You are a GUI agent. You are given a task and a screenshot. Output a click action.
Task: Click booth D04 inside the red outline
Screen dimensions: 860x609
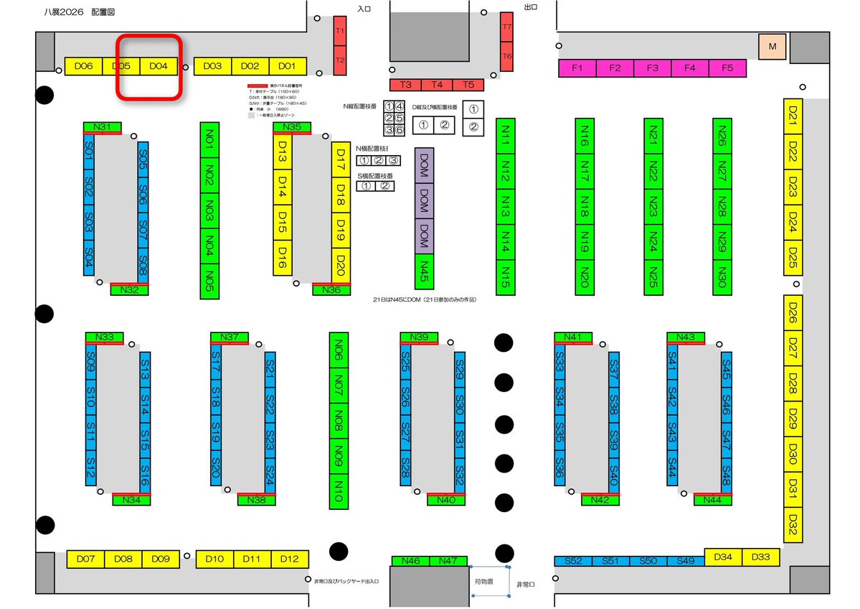click(x=159, y=66)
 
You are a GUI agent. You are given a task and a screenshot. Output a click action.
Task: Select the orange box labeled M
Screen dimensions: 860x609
click(x=772, y=47)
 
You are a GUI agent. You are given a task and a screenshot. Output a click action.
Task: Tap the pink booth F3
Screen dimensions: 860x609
click(x=652, y=68)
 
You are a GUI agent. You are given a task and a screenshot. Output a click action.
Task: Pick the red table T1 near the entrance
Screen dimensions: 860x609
click(x=340, y=32)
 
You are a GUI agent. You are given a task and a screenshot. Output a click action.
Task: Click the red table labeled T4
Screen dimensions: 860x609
click(x=437, y=85)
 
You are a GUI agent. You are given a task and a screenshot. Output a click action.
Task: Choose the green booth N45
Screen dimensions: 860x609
click(x=424, y=270)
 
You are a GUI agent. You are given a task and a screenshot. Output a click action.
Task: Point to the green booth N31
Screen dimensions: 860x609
click(x=102, y=127)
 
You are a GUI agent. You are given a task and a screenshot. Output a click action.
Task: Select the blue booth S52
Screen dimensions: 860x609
click(x=573, y=561)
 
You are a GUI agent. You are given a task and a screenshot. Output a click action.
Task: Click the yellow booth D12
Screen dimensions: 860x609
click(x=290, y=559)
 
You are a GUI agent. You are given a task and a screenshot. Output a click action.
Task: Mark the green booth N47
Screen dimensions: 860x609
click(x=448, y=561)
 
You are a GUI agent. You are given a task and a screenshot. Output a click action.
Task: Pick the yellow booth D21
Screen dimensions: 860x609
click(x=793, y=114)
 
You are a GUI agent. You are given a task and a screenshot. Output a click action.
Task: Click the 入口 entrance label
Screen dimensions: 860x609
click(x=364, y=7)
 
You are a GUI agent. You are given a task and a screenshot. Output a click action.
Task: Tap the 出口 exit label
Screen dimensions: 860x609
click(x=530, y=7)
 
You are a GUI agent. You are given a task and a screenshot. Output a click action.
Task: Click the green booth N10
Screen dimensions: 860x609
click(x=339, y=491)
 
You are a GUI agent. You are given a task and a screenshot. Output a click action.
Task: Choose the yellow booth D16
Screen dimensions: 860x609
click(x=282, y=256)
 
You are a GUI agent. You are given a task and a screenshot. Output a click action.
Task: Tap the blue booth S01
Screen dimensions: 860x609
click(x=89, y=151)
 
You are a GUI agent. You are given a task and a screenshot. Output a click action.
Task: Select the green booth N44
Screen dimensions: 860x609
click(x=713, y=500)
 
